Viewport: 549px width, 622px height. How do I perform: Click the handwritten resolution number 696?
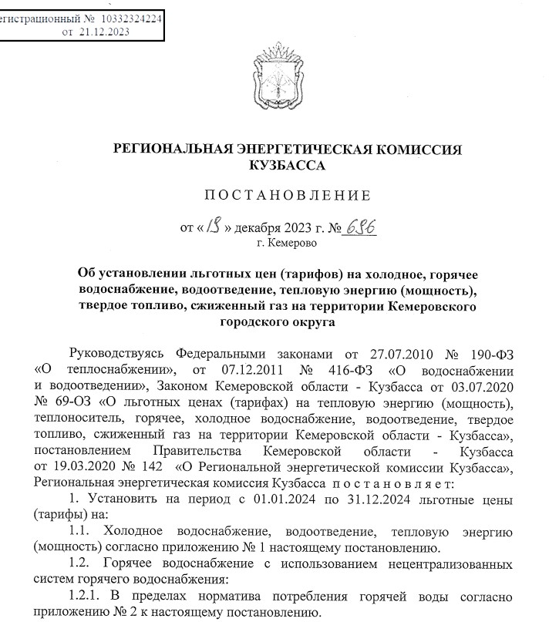[x=363, y=227]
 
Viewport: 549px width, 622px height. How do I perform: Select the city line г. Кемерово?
[x=286, y=244]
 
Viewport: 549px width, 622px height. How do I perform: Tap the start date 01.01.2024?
[x=266, y=500]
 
